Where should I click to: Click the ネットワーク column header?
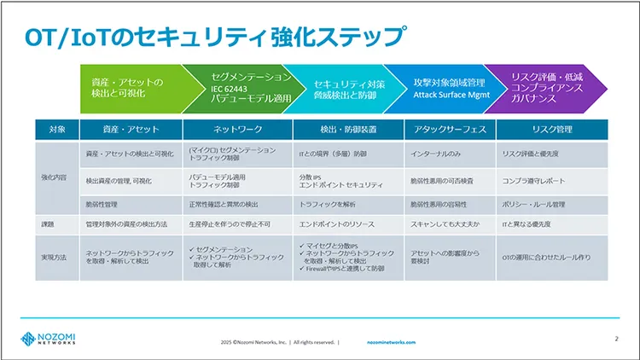pyautogui.click(x=237, y=130)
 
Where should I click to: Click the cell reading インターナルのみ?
pyautogui.click(x=436, y=154)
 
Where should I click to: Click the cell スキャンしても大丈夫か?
pyautogui.click(x=445, y=224)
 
